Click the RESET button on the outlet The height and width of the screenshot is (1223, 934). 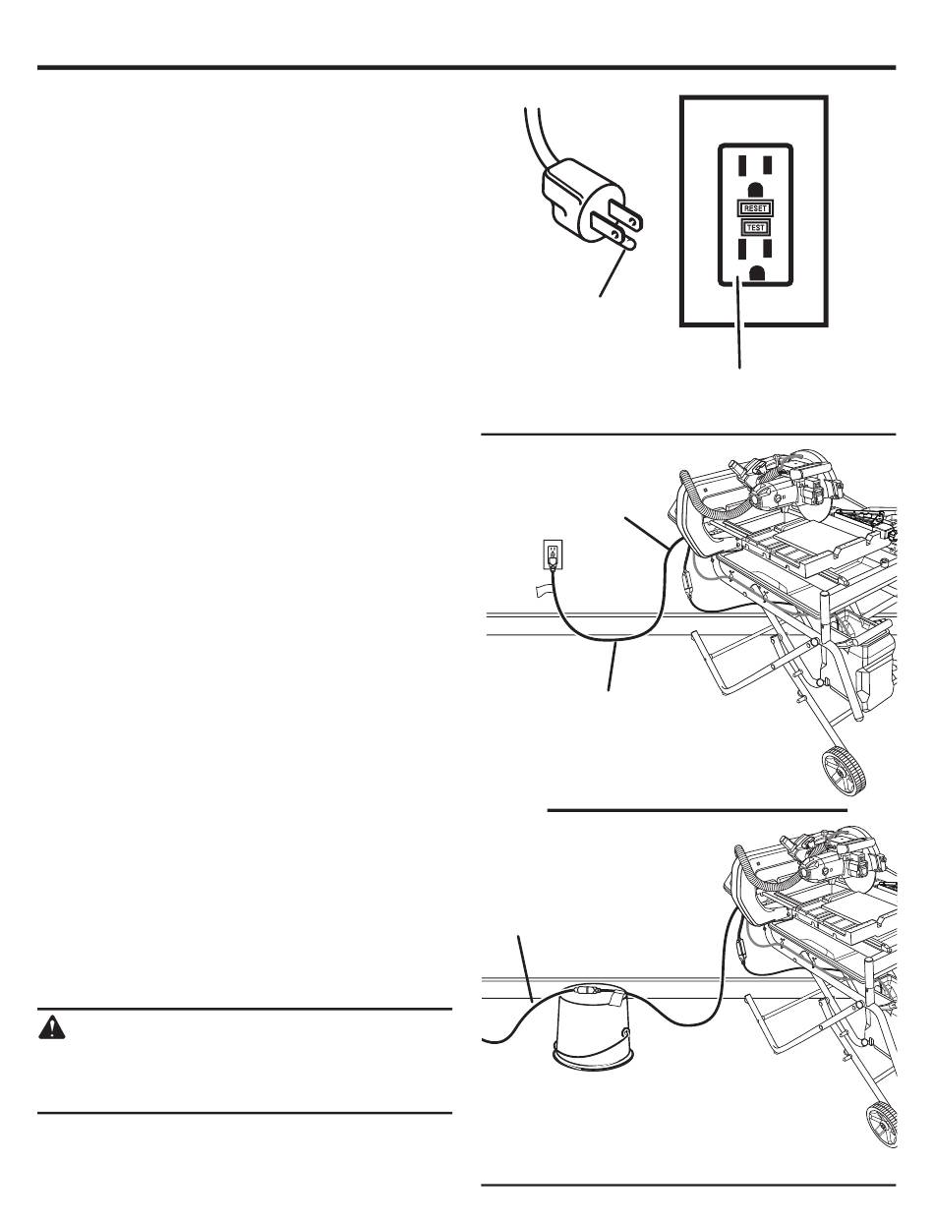coord(755,207)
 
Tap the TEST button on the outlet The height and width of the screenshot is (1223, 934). coord(755,227)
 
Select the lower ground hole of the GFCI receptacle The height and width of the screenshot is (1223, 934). coord(756,273)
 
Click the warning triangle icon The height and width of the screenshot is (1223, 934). coord(52,1028)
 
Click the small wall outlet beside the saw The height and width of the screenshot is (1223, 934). coord(554,553)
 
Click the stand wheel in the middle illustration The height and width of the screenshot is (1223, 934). coord(845,772)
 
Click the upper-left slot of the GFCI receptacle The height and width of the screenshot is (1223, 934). coord(742,166)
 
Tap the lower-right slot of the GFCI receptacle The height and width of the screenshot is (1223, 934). coord(767,250)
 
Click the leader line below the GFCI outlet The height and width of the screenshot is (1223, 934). coord(739,322)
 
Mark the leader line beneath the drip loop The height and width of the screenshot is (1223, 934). coord(613,666)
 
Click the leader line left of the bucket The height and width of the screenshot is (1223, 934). coord(526,969)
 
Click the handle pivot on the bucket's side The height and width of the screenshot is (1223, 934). coord(623,1034)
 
